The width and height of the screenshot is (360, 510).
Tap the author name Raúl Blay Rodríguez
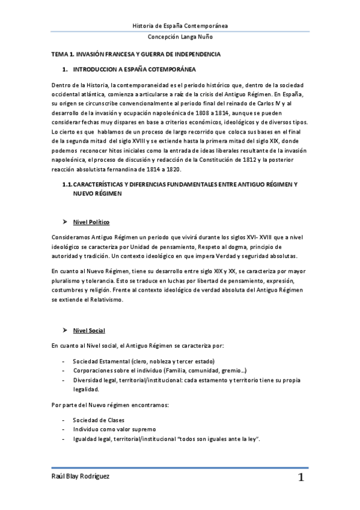pos(80,476)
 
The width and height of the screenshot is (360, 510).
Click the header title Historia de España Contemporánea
pos(180,25)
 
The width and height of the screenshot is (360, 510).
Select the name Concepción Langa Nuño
pos(180,37)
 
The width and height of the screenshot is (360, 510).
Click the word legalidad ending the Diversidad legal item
pos(86,390)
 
